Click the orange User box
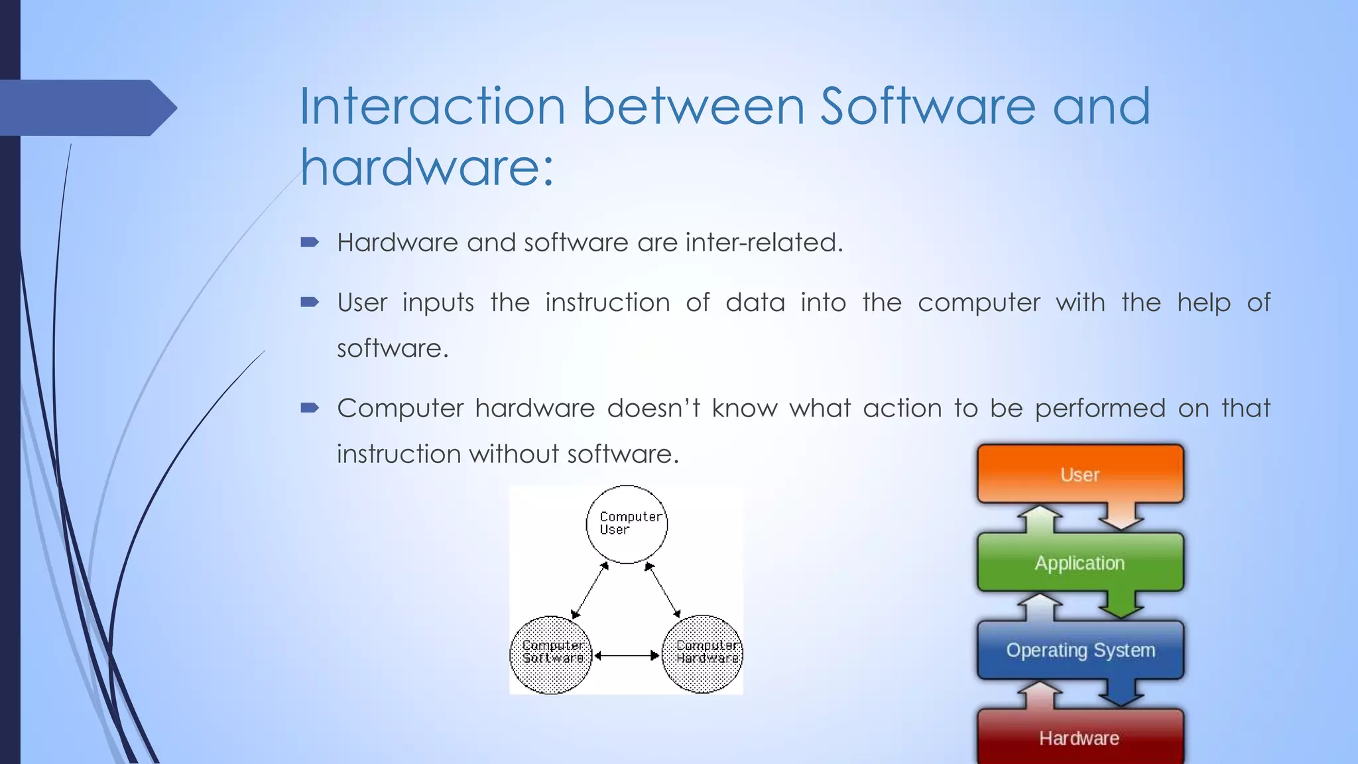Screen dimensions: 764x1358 click(1080, 474)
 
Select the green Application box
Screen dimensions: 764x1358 click(1080, 562)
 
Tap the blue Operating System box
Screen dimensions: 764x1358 click(1080, 650)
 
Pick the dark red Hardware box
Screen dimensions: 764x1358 click(1080, 737)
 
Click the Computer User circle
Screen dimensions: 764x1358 click(627, 524)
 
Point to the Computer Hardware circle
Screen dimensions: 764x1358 click(703, 654)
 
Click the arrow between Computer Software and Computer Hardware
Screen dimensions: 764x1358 click(627, 655)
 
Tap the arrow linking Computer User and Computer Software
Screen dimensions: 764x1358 click(590, 590)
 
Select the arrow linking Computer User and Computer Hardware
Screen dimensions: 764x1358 click(663, 590)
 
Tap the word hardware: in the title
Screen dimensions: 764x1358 click(427, 167)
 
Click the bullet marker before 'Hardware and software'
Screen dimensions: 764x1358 click(310, 243)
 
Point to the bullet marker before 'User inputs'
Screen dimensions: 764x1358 click(310, 303)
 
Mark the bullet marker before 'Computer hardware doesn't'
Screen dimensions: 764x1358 click(310, 408)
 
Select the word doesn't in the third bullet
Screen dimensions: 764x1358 click(653, 408)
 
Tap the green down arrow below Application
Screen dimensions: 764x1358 click(1121, 604)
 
